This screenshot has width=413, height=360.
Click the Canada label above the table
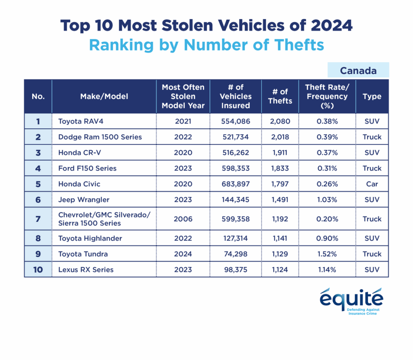[358, 71]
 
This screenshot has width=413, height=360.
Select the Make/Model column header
[104, 96]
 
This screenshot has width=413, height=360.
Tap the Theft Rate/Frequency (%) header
[326, 96]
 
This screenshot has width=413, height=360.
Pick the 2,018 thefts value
[280, 137]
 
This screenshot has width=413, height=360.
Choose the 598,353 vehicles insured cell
[236, 169]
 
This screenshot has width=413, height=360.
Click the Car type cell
[372, 184]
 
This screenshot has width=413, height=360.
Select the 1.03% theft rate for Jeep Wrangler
[326, 200]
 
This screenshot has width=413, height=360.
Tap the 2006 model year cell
[183, 219]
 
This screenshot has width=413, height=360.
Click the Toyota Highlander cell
[90, 238]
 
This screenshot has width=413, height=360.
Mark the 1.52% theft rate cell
[326, 254]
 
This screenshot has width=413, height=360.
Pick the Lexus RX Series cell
[86, 270]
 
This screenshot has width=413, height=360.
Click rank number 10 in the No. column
[38, 270]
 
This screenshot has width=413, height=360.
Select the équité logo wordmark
[351, 299]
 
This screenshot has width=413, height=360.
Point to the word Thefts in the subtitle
[299, 45]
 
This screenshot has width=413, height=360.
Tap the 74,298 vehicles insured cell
[236, 254]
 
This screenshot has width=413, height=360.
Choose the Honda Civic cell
[79, 184]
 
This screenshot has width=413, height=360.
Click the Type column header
[372, 96]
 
